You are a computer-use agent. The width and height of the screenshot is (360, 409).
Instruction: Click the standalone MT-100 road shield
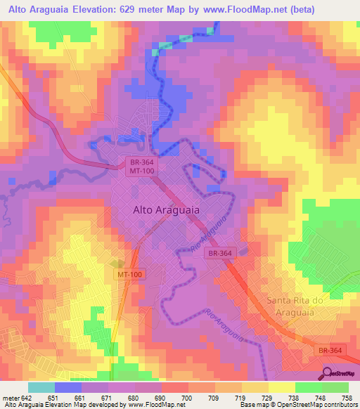130,275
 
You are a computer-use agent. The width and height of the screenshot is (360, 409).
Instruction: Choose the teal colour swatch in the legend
41,387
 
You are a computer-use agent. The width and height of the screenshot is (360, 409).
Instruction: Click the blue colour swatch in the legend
67,387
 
